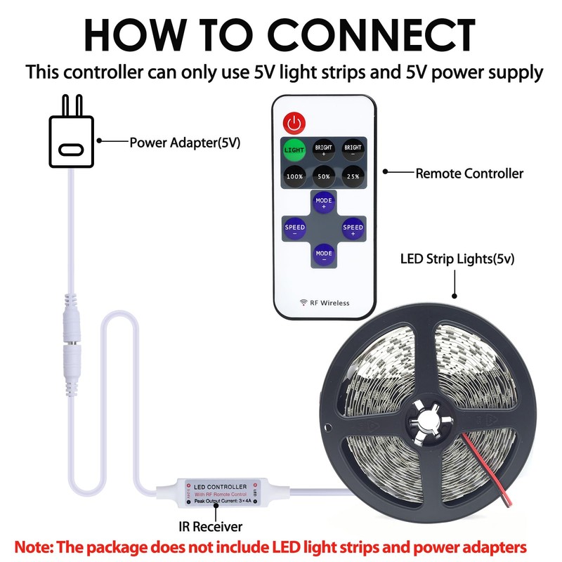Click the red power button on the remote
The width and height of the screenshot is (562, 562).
click(294, 124)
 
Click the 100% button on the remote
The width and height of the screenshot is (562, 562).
click(294, 176)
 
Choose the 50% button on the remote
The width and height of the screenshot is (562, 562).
click(323, 176)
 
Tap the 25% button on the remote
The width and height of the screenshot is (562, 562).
click(353, 176)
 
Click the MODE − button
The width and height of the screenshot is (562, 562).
click(324, 254)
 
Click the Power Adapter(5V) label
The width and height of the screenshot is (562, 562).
click(185, 143)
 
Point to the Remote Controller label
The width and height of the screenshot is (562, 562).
click(469, 173)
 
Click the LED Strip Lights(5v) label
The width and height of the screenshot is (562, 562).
click(457, 259)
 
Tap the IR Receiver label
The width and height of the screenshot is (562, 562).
click(210, 525)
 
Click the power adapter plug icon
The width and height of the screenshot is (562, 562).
click(70, 138)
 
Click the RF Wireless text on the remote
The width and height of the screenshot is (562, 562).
click(325, 303)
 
